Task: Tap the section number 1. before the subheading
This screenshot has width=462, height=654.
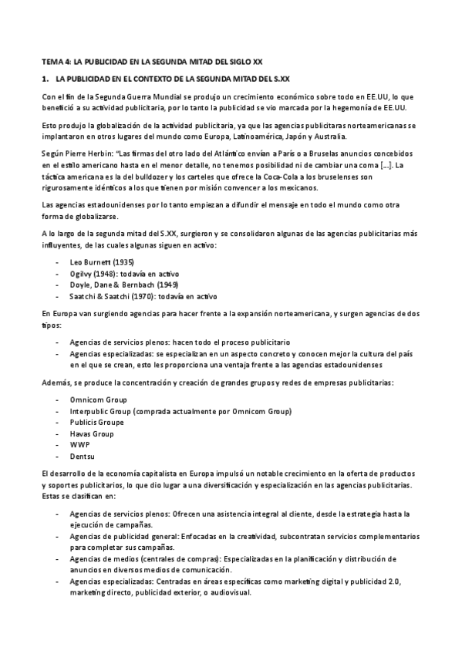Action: [45, 79]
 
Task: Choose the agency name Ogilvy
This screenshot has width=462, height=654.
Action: [82, 273]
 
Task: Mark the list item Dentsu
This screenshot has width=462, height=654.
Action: [81, 457]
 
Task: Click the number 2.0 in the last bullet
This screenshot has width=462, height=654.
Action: [382, 571]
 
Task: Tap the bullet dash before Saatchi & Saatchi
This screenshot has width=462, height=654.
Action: [59, 295]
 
